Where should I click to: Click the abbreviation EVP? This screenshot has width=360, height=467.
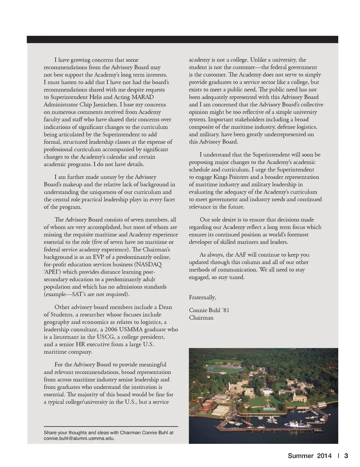99,257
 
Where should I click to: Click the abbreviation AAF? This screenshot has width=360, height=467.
241,254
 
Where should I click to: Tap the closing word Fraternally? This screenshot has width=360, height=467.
202,297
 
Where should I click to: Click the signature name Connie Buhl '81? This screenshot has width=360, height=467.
209,310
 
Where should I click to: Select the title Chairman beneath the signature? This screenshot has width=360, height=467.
201,317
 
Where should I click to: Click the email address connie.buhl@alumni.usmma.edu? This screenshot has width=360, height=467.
79,438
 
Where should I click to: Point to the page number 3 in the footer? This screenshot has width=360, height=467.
346,456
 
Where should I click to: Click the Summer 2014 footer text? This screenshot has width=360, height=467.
309,456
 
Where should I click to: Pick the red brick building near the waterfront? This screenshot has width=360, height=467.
207,404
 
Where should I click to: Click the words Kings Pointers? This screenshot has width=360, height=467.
236,177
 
